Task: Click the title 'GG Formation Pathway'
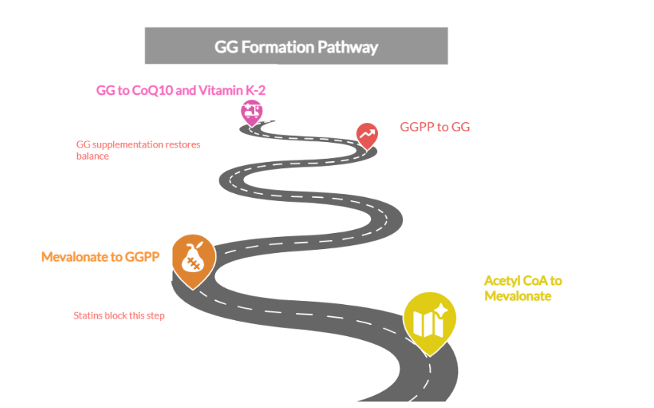click(296, 47)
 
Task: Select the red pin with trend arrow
click(367, 134)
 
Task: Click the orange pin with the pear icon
click(193, 259)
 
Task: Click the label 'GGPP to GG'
click(434, 127)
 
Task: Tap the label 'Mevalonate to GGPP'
click(100, 257)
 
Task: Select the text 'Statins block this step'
click(119, 315)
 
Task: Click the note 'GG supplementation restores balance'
click(138, 150)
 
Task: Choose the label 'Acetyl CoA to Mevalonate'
click(522, 288)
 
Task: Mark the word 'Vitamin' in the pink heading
click(220, 90)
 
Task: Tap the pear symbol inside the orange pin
click(192, 256)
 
